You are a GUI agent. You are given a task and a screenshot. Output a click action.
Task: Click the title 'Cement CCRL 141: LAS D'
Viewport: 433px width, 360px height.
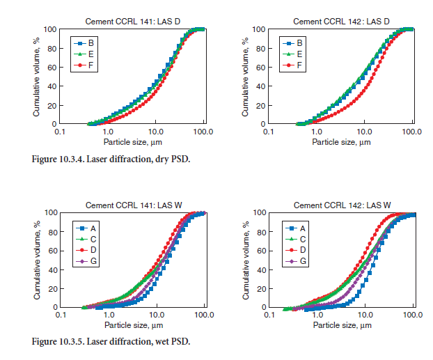pyautogui.click(x=132, y=21)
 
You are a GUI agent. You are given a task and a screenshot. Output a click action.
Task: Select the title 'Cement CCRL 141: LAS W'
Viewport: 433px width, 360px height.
pyautogui.click(x=132, y=205)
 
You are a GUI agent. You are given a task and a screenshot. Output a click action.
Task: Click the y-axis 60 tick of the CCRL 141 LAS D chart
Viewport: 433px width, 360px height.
pyautogui.click(x=52, y=67)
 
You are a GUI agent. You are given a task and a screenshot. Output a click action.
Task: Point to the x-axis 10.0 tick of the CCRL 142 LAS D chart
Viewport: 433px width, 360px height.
pyautogui.click(x=364, y=131)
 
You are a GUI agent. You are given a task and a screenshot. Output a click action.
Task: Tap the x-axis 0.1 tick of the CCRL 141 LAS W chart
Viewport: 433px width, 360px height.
pyautogui.click(x=60, y=314)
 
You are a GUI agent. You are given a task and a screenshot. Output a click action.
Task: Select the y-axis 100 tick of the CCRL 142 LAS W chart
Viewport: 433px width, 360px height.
pyautogui.click(x=258, y=212)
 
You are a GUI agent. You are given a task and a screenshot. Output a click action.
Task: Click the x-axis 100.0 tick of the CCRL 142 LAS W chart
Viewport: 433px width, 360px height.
pyautogui.click(x=413, y=314)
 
